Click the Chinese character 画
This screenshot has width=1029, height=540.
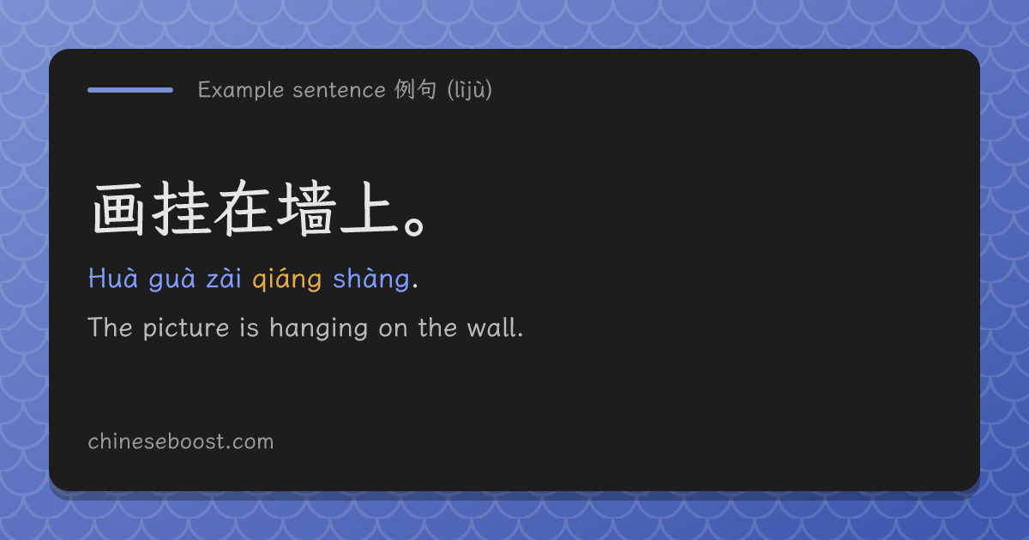pos(118,209)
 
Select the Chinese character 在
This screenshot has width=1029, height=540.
pos(243,208)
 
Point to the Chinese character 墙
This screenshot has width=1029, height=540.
pos(305,208)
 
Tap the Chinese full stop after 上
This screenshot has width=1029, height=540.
pos(414,228)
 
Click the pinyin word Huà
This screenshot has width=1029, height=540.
pos(113,278)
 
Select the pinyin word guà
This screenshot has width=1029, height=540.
pos(171,279)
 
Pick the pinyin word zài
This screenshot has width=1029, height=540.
pos(224,279)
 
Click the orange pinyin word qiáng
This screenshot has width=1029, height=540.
pos(286,279)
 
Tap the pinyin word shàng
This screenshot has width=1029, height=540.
pos(371,279)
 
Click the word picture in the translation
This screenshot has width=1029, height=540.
pos(186,328)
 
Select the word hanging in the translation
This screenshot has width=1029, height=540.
pos(319,328)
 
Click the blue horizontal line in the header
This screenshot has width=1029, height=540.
pos(130,90)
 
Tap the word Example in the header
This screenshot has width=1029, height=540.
pos(241,90)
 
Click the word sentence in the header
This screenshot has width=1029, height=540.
pos(339,90)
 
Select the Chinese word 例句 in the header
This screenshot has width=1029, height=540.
pos(415,89)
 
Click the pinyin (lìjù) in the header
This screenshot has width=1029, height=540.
pos(470,90)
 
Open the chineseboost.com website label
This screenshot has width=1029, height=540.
pos(181,441)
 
